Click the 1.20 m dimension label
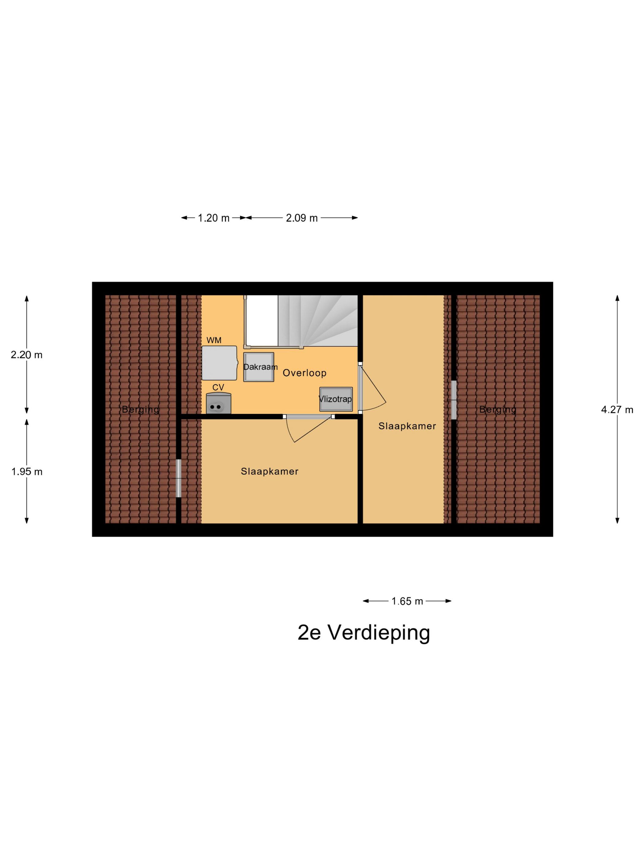[213, 218]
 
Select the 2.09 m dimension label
[302, 218]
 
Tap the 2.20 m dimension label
[26, 355]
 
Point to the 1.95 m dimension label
[26, 472]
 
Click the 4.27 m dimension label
[617, 410]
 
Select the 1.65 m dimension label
[407, 601]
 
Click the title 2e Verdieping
[364, 633]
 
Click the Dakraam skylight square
[259, 367]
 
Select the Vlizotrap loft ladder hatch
[336, 399]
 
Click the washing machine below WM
[219, 363]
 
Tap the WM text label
[214, 340]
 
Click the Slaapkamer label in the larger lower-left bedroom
[269, 471]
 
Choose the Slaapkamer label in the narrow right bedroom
[407, 426]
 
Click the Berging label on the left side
[140, 409]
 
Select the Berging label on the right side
[498, 409]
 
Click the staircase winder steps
[318, 320]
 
